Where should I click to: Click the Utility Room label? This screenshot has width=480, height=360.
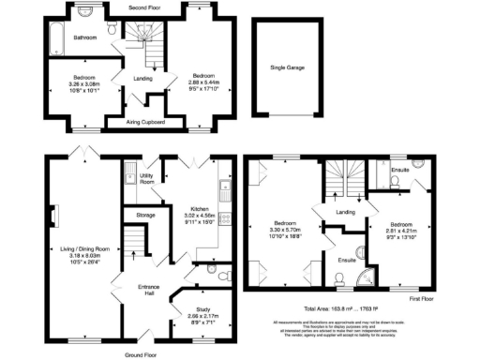point(147,178)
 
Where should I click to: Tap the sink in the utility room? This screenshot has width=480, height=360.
point(128,175)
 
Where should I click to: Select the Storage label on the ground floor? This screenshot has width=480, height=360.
point(144,215)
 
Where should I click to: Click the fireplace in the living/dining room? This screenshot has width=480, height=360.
point(54,217)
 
